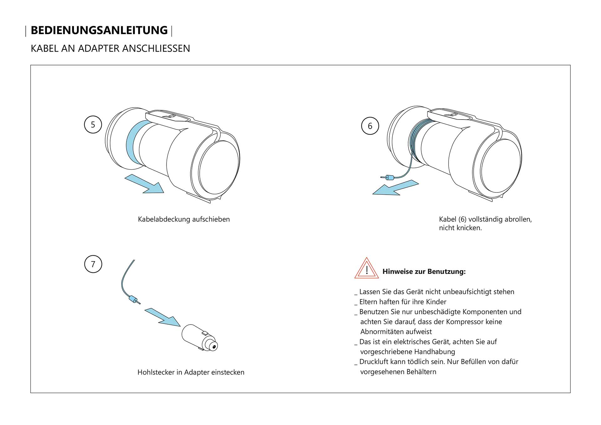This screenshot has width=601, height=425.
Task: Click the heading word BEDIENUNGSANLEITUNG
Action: pyautogui.click(x=99, y=30)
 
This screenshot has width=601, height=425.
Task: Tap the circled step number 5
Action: pyautogui.click(x=93, y=125)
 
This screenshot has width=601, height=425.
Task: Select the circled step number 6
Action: pyautogui.click(x=370, y=126)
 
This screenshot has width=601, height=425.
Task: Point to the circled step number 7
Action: pyautogui.click(x=93, y=264)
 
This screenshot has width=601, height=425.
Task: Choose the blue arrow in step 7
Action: pyautogui.click(x=163, y=317)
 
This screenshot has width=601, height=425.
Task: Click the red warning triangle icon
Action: pyautogui.click(x=367, y=269)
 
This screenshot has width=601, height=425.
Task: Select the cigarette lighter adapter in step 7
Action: pyautogui.click(x=199, y=338)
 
